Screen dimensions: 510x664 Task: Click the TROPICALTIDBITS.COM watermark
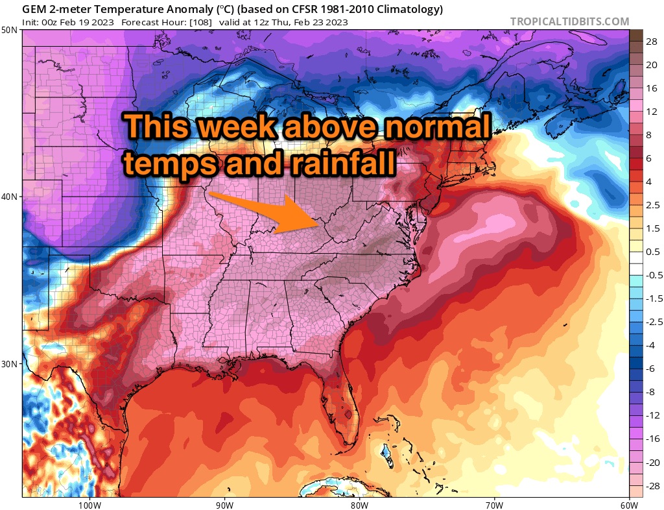coord(569,21)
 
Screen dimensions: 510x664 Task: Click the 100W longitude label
coord(88,504)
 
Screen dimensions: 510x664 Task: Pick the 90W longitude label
coord(224,504)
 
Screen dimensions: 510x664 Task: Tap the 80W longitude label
coord(359,504)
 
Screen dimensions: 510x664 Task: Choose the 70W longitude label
coord(494,504)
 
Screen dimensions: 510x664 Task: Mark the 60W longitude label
coord(628,504)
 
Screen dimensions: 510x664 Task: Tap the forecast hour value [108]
coord(198,22)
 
